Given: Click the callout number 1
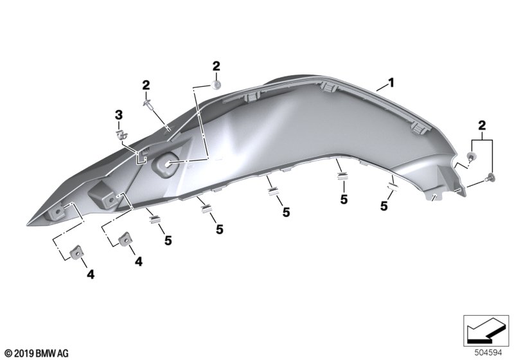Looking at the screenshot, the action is point(391,82).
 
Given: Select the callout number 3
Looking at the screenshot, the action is point(118,115).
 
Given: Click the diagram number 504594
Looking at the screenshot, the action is point(488,353).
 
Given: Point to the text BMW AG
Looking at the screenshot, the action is point(52,354).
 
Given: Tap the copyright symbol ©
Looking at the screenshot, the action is point(9,354).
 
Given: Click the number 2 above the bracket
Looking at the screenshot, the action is point(481,125).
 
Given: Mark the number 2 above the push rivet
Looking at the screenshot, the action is point(146,85).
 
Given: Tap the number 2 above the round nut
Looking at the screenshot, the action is point(216,66).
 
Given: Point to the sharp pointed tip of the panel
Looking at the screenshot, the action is point(28,224).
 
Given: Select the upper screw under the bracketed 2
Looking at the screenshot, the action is point(471,156).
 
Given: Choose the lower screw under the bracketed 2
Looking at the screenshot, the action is point(490,177).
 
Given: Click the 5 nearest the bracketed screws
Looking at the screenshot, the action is point(384,206).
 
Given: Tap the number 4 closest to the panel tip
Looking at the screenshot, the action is point(91,274).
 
